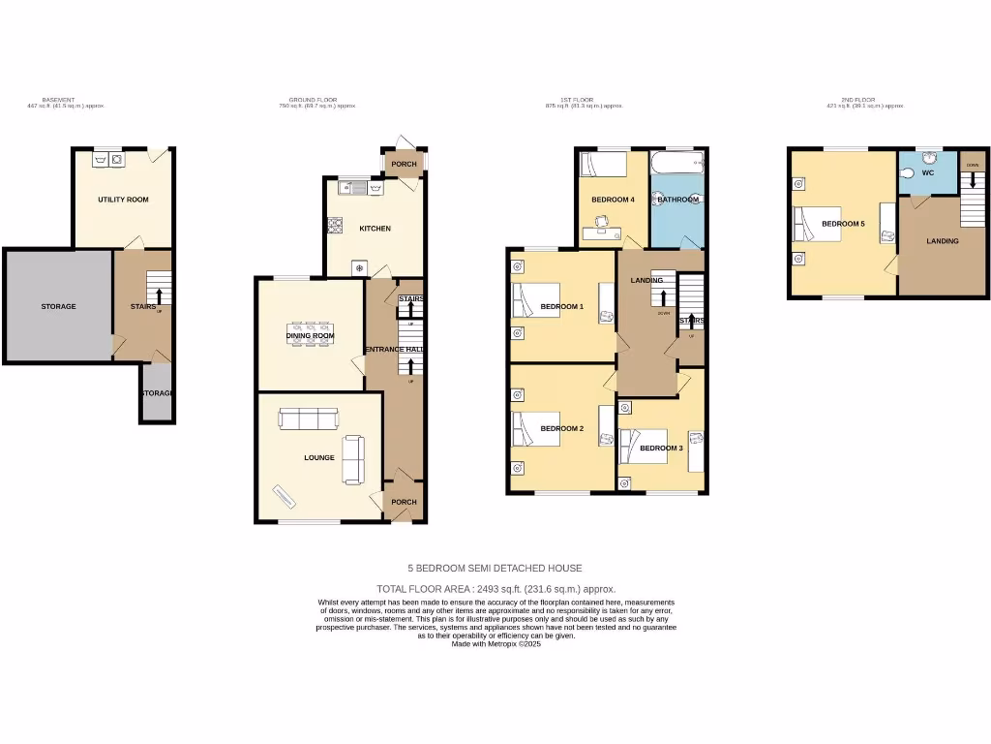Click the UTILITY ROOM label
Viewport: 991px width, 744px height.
pos(123,200)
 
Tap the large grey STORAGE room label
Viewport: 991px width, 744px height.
pos(58,306)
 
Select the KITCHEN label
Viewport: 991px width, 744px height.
pos(375,229)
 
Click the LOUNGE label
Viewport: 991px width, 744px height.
pos(318,457)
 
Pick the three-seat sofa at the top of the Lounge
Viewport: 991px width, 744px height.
pos(308,418)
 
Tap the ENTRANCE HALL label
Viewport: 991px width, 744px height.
pos(395,349)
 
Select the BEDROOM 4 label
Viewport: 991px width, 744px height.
pos(613,200)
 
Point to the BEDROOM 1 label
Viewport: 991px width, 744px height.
pos(561,307)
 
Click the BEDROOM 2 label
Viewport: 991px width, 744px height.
pos(561,428)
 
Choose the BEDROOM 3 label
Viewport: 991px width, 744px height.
pos(661,448)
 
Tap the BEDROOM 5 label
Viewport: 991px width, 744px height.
pos(843,224)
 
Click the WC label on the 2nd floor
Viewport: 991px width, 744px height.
pos(927,173)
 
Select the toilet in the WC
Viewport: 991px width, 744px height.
pos(907,173)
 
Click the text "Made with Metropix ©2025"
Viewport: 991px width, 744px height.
pos(495,644)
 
